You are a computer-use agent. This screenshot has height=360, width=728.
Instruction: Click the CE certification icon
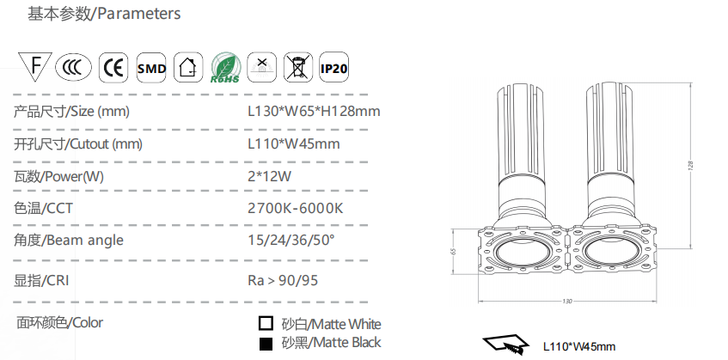pyautogui.click(x=113, y=68)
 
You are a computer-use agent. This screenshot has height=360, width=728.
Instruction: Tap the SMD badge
pyautogui.click(x=151, y=68)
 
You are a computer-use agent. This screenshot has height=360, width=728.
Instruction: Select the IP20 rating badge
pyautogui.click(x=333, y=68)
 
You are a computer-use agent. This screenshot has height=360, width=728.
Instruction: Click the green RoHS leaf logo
pyautogui.click(x=226, y=68)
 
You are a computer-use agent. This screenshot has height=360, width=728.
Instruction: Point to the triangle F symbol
pyautogui.click(x=35, y=65)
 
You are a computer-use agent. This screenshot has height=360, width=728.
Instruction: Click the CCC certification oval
pyautogui.click(x=73, y=68)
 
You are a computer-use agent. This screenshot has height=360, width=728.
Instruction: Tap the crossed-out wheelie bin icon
pyautogui.click(x=298, y=68)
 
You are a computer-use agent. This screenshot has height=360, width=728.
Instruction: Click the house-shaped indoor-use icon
pyautogui.click(x=188, y=68)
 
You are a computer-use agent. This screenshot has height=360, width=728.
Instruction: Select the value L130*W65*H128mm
pyautogui.click(x=314, y=112)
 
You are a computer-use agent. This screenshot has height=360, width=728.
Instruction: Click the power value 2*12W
pyautogui.click(x=269, y=176)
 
